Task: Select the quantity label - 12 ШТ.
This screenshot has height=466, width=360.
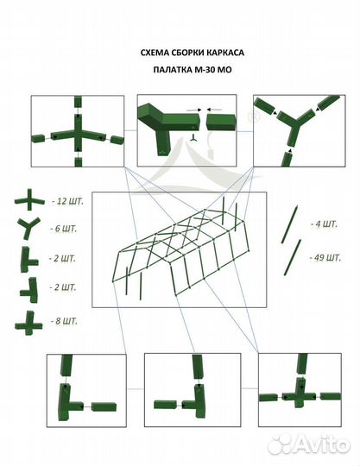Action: (61, 201)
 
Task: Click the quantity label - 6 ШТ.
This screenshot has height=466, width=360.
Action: (61, 230)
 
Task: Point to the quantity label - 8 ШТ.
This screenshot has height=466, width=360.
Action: (61, 320)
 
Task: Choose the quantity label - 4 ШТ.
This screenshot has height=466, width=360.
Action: (325, 224)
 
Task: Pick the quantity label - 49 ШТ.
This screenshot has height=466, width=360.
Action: (325, 257)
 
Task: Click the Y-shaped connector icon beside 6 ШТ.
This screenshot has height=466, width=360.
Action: (28, 230)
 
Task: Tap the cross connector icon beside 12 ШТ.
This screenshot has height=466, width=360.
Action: (28, 201)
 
